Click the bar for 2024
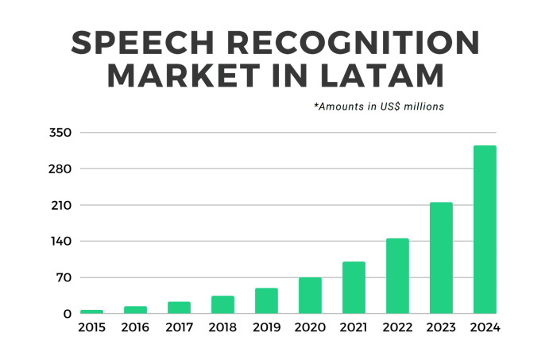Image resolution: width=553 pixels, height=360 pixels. (x=485, y=230)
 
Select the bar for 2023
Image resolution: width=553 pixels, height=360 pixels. (x=441, y=258)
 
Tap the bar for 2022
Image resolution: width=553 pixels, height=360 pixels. (x=397, y=276)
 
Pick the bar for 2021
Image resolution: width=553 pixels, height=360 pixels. (x=354, y=288)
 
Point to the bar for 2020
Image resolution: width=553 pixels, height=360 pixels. (x=310, y=296)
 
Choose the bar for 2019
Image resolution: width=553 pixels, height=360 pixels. (x=266, y=301)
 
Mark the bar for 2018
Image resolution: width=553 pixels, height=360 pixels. (x=222, y=305)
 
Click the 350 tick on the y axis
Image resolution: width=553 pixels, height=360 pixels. (x=60, y=133)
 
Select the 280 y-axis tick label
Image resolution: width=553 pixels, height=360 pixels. (x=60, y=169)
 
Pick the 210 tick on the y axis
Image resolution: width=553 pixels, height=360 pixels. (x=60, y=205)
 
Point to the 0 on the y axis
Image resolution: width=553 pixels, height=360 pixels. (x=68, y=314)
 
